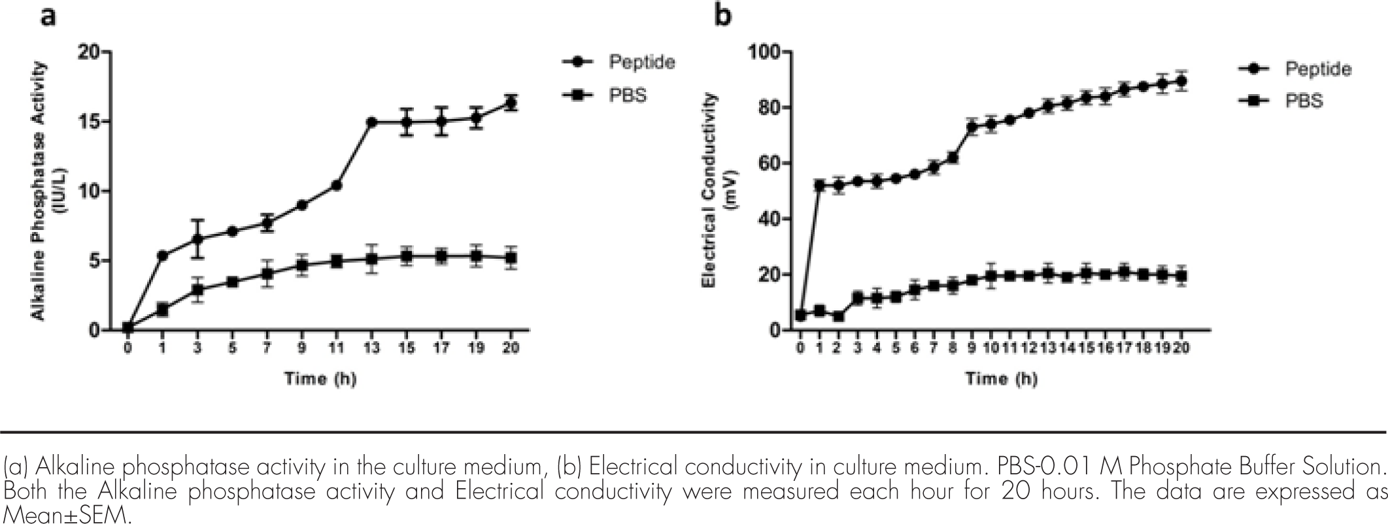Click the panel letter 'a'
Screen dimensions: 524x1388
(x=48, y=16)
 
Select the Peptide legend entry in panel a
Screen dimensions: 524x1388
(x=641, y=62)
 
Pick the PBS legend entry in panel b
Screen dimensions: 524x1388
(x=1304, y=101)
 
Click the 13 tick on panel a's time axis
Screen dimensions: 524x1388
(x=371, y=348)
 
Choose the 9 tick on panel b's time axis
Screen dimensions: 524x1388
(x=971, y=348)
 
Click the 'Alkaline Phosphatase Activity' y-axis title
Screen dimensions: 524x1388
(x=40, y=191)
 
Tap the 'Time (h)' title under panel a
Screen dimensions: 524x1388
(x=320, y=378)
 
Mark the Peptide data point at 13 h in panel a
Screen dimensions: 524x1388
(x=371, y=122)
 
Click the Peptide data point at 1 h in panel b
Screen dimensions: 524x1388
(x=819, y=186)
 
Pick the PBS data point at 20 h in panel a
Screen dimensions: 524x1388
(x=511, y=258)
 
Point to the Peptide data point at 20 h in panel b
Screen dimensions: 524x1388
(x=1181, y=82)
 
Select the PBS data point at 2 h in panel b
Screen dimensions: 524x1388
(x=838, y=316)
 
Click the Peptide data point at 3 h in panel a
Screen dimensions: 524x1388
(x=197, y=239)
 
